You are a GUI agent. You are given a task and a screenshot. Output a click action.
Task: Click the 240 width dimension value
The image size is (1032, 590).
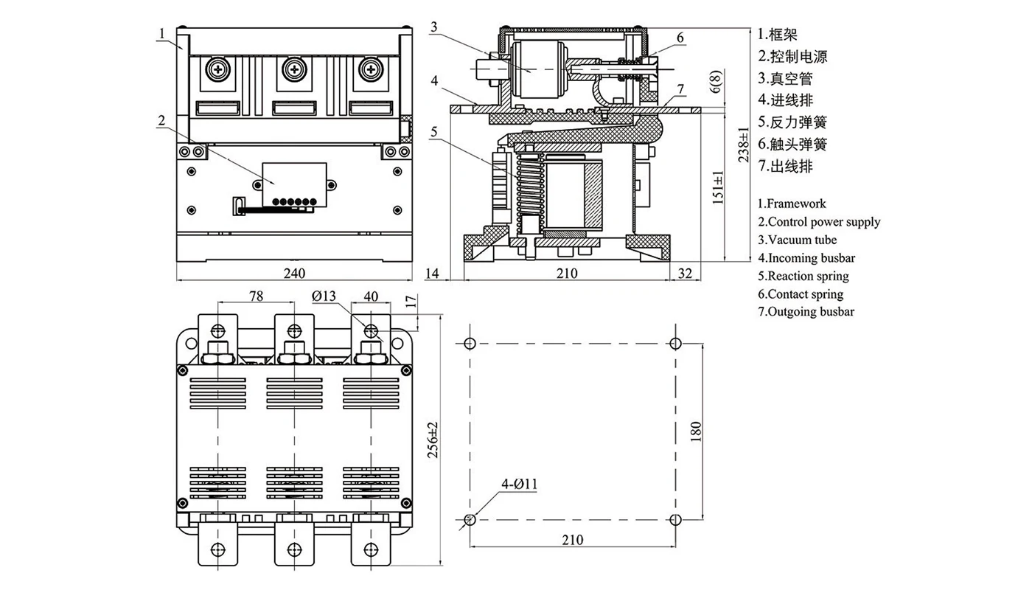click(294, 273)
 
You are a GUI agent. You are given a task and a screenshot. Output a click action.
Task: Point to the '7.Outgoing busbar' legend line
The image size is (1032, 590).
click(806, 311)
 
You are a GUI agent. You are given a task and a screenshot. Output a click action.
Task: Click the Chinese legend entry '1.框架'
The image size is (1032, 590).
click(777, 35)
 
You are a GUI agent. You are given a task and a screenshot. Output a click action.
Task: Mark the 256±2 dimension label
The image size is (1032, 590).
click(433, 440)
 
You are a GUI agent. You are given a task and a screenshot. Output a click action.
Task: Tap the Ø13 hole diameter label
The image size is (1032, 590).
click(324, 296)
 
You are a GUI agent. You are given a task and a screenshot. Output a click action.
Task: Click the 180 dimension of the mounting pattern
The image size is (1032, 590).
click(696, 431)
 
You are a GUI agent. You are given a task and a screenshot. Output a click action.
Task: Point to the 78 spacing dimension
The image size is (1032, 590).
click(256, 296)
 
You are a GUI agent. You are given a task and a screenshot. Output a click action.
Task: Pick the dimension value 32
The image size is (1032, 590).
click(685, 273)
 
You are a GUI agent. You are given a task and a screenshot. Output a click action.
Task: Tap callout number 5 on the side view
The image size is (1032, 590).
click(434, 132)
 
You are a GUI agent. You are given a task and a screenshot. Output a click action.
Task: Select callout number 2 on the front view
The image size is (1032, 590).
click(161, 121)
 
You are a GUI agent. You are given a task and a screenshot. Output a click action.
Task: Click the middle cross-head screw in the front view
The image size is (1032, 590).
click(294, 69)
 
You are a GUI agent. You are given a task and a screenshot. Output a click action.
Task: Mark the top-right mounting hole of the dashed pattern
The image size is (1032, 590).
click(674, 343)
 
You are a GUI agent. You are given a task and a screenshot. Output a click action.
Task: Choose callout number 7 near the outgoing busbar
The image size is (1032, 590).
click(680, 89)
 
